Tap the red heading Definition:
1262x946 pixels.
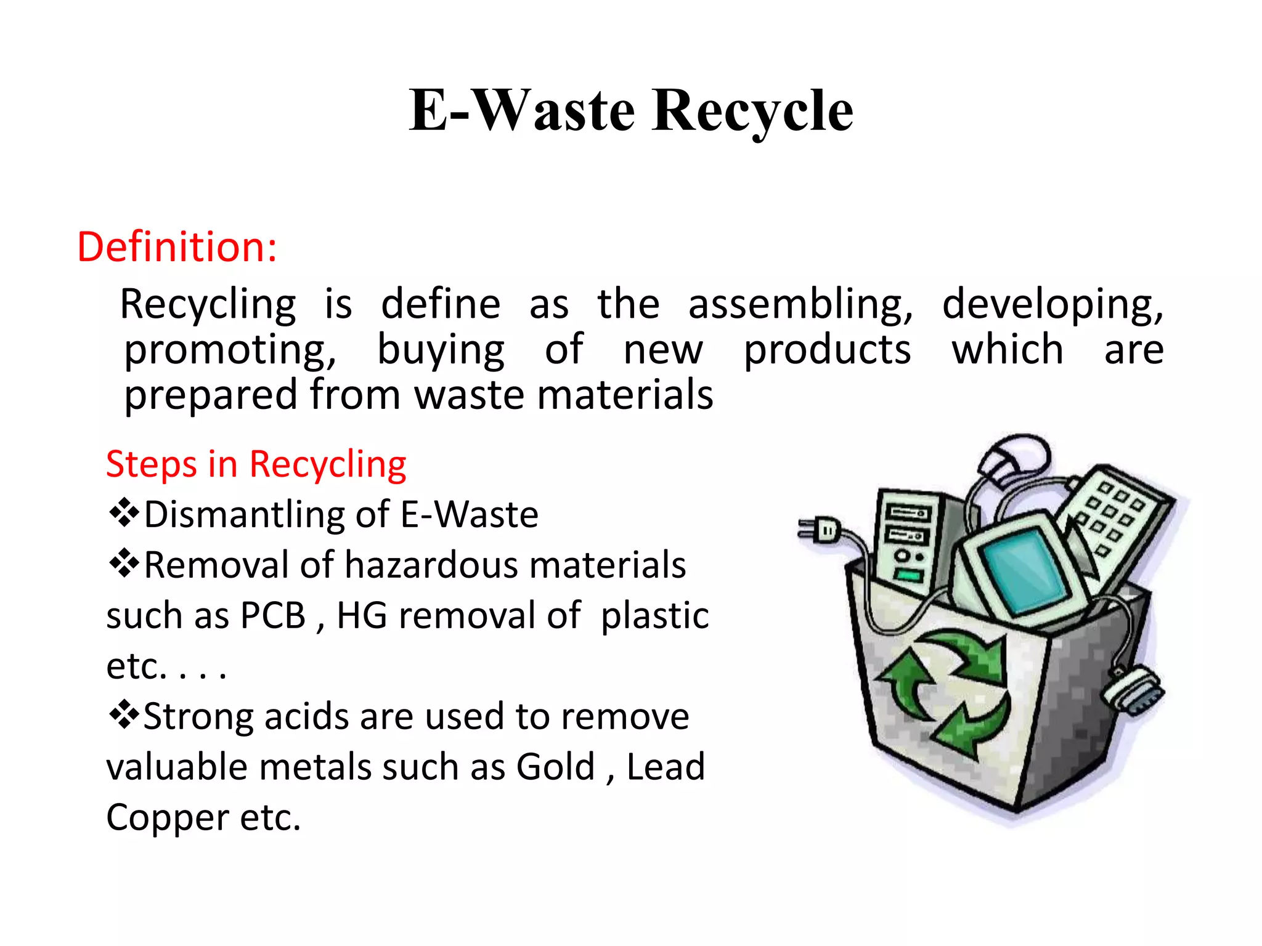point(177,247)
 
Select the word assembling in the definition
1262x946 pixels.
point(800,305)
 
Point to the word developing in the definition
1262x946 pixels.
point(1052,305)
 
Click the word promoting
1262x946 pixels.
point(230,350)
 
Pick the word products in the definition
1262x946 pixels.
point(827,350)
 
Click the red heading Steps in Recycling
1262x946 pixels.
point(256,464)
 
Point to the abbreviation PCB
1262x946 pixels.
point(273,615)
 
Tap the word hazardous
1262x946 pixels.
point(431,565)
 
